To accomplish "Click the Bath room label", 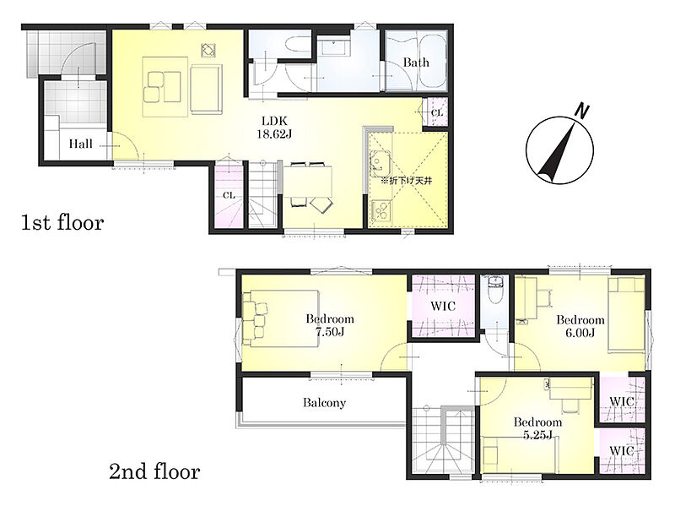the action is [x=416, y=63].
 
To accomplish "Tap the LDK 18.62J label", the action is [x=275, y=128].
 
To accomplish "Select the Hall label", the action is [x=80, y=144].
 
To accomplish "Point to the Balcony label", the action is [x=324, y=403].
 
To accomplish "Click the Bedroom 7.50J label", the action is [x=330, y=325].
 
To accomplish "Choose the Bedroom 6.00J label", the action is [x=580, y=326].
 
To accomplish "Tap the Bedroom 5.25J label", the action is [x=537, y=428].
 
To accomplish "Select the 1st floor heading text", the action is [x=62, y=223].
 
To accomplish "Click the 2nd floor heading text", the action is [x=154, y=471].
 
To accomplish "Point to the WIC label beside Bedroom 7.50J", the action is [x=443, y=307].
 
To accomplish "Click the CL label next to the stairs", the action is [x=229, y=196].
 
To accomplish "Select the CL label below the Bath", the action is [x=436, y=113].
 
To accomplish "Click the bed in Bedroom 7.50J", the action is [x=281, y=318].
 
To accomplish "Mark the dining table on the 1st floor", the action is [x=308, y=181].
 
